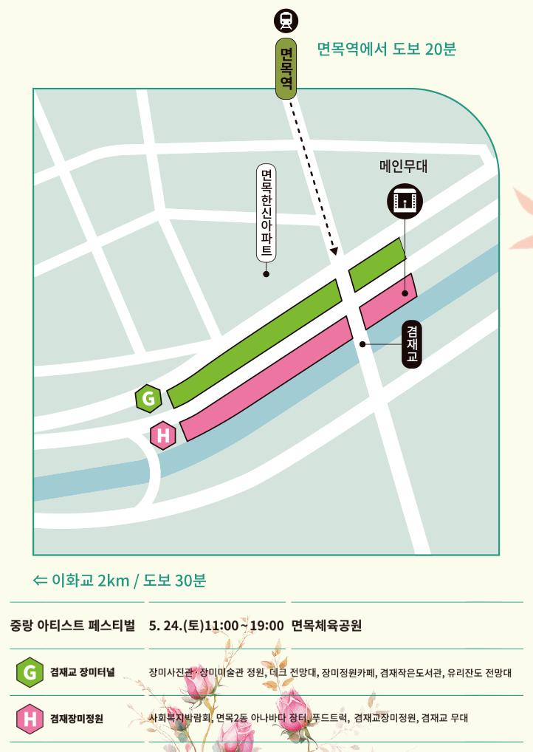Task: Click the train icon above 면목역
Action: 285,21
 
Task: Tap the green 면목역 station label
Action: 286,69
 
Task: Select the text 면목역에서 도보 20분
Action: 386,49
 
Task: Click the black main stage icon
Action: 405,200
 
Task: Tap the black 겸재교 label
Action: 412,344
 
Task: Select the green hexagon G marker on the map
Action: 148,399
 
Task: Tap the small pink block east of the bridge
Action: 388,301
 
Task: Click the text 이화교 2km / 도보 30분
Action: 120,580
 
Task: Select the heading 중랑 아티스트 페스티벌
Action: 73,625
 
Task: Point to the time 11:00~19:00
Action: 244,626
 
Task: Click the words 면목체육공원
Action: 326,626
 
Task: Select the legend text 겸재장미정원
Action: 77,718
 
